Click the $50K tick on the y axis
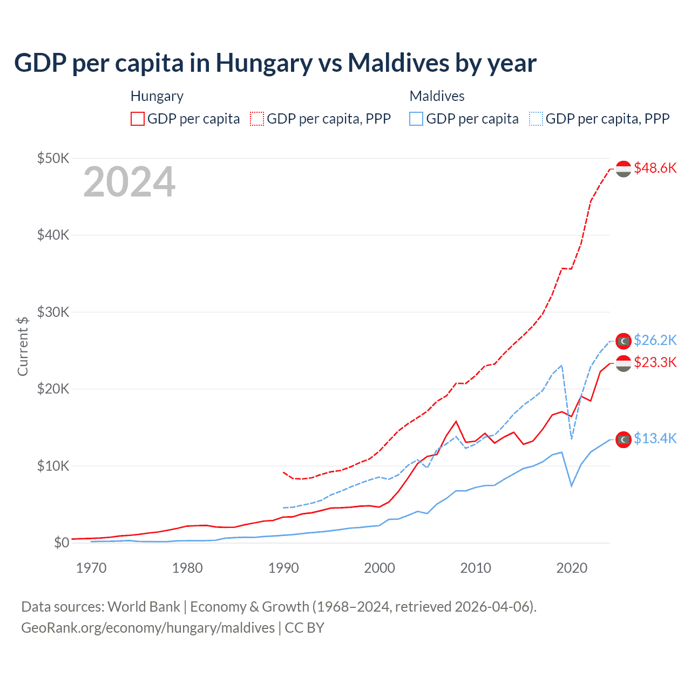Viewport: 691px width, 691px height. pyautogui.click(x=53, y=158)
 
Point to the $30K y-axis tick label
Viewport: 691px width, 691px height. pyautogui.click(x=53, y=312)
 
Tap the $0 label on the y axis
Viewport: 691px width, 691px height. pyautogui.click(x=62, y=543)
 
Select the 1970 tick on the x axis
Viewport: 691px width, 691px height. pyautogui.click(x=91, y=568)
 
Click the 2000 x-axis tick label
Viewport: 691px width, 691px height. pyautogui.click(x=380, y=568)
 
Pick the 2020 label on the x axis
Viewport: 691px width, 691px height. pyautogui.click(x=572, y=568)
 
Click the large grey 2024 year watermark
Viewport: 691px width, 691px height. pyautogui.click(x=129, y=182)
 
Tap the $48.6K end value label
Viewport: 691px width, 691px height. pyautogui.click(x=655, y=168)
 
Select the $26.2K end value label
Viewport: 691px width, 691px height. pyautogui.click(x=655, y=340)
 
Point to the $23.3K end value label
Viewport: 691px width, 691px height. pyautogui.click(x=655, y=362)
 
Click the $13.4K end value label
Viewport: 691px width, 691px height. pyautogui.click(x=655, y=438)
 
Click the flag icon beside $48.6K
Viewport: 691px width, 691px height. pyautogui.click(x=624, y=169)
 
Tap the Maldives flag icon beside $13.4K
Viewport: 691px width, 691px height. pyautogui.click(x=624, y=440)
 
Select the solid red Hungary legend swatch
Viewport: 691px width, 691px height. pyautogui.click(x=138, y=119)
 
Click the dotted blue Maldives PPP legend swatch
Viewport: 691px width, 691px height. pyautogui.click(x=536, y=119)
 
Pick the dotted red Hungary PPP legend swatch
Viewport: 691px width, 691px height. pyautogui.click(x=258, y=119)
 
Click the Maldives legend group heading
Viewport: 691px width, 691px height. pyautogui.click(x=437, y=96)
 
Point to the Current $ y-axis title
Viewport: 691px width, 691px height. pyautogui.click(x=23, y=346)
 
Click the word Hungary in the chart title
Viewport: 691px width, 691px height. pyautogui.click(x=264, y=63)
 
